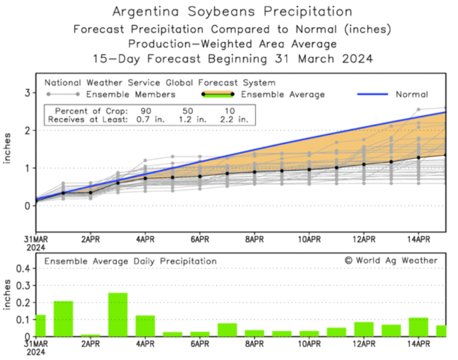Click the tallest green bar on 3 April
point(118,315)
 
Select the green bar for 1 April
point(63,318)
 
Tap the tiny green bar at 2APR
point(90,335)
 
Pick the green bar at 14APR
point(418,327)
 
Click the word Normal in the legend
point(412,95)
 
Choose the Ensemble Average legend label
point(282,95)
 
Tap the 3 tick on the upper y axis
point(26,93)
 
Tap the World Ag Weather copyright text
point(391,260)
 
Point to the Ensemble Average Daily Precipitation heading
point(131,261)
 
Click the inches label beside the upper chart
point(8,149)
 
